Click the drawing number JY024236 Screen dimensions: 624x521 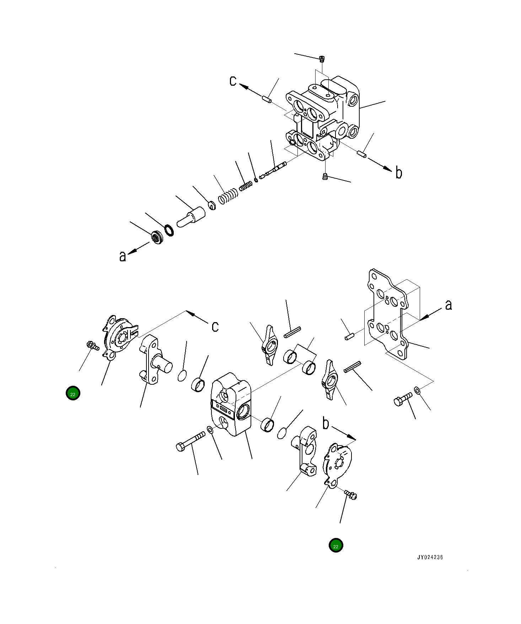(430, 557)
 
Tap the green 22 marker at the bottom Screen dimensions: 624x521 (335, 545)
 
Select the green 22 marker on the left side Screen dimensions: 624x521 (73, 393)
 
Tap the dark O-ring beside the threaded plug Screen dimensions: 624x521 (169, 230)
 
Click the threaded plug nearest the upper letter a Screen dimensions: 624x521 (156, 237)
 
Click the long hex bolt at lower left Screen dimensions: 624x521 (190, 441)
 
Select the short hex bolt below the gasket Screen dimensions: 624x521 (403, 399)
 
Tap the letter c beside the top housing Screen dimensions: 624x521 (233, 81)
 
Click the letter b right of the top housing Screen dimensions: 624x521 (399, 173)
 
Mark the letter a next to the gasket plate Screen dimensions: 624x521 (449, 305)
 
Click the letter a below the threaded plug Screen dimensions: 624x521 (123, 256)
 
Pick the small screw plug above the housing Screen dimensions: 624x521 (322, 59)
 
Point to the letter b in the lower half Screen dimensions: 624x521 (326, 424)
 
